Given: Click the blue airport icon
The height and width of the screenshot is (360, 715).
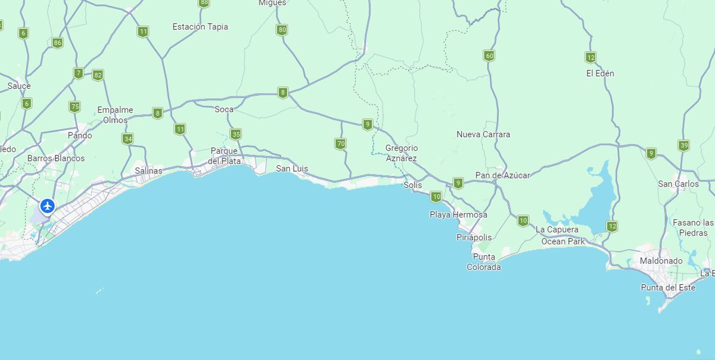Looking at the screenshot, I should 47,206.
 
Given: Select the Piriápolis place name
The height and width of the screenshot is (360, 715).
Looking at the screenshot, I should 474,237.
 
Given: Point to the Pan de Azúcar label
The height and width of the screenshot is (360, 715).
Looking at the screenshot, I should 502,175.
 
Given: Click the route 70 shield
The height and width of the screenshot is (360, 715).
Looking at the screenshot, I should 340,144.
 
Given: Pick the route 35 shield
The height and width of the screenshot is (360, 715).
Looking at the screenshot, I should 236,134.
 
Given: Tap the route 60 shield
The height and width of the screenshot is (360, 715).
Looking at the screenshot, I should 489,56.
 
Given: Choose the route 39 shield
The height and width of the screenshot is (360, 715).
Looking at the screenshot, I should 683,145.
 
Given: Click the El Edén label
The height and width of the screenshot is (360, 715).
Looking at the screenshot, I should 600,73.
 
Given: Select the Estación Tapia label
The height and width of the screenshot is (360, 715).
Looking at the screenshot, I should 200,27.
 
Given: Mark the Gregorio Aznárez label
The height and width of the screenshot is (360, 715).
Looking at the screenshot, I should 401,153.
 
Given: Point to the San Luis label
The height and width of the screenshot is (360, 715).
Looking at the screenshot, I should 292,169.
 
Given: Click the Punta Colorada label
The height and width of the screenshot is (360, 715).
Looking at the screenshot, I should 484,262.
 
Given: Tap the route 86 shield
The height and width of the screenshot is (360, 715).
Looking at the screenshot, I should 57,43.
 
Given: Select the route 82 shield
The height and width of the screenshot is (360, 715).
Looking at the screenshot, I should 98,75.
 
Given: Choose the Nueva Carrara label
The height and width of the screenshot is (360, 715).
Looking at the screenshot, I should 483,135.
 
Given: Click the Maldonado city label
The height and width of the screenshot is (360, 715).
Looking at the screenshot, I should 660,261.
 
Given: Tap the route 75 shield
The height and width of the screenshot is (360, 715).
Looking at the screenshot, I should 74,107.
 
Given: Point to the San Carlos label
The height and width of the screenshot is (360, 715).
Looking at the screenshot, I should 678,184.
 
